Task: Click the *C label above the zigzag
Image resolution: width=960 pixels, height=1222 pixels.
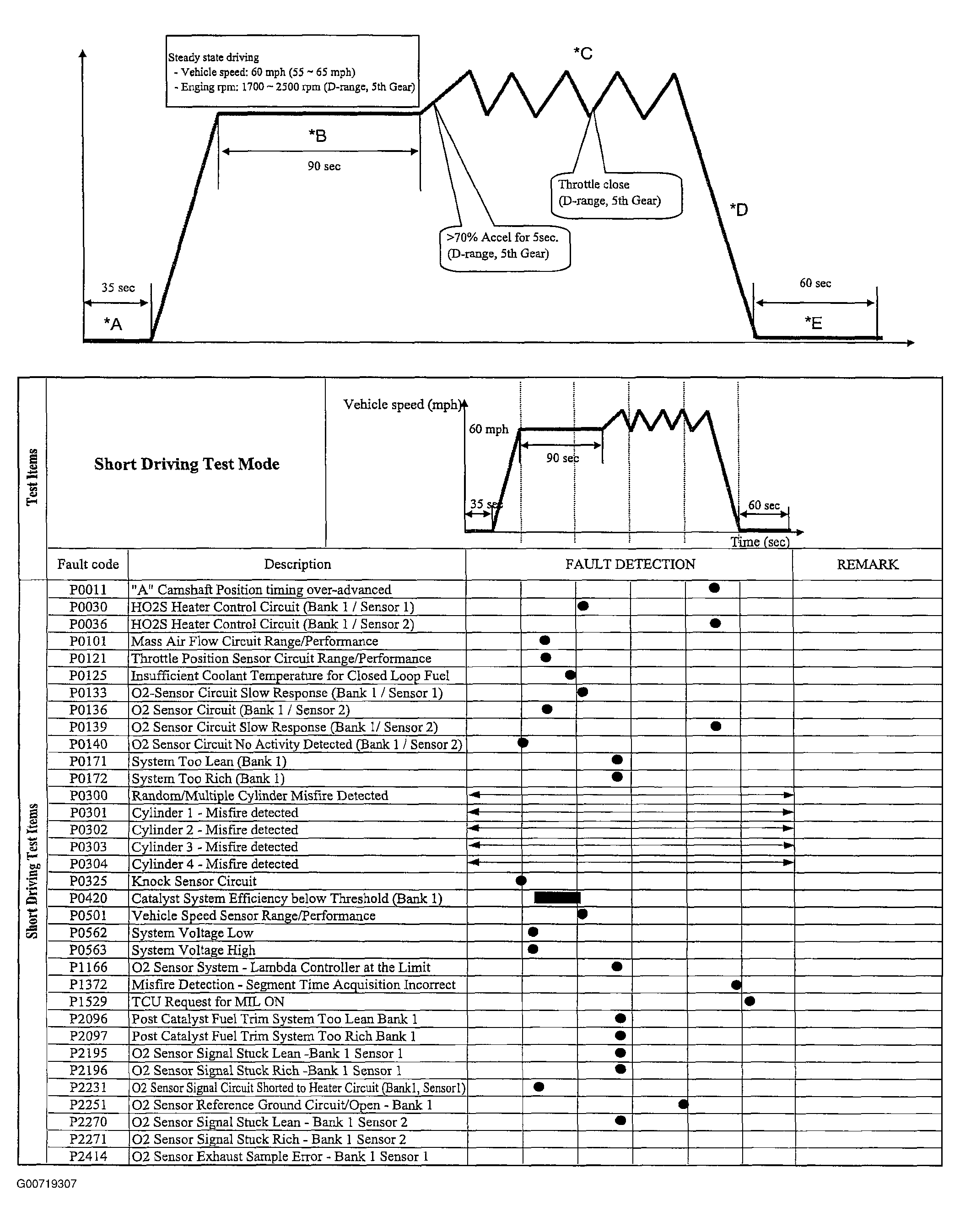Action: click(583, 54)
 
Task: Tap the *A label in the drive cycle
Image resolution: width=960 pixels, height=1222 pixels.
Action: click(113, 324)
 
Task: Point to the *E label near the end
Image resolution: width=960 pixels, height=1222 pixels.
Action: click(813, 323)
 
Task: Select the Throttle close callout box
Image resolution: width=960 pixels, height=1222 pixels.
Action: click(616, 195)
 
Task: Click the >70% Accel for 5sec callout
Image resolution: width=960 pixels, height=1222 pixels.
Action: click(504, 247)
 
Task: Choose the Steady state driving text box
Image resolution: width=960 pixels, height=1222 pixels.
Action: click(292, 71)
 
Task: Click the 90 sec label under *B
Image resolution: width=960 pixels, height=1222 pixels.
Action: click(324, 167)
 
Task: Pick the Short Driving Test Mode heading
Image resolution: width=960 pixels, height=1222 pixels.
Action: click(187, 464)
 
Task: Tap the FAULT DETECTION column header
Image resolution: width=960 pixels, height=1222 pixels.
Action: click(630, 564)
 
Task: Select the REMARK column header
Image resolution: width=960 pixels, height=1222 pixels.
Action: click(867, 564)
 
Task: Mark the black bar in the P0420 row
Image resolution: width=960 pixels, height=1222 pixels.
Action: click(557, 898)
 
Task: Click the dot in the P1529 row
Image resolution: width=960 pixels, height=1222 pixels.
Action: click(749, 1001)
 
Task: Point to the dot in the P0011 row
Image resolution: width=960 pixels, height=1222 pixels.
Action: click(714, 588)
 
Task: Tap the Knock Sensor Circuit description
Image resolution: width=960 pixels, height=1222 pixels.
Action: click(194, 881)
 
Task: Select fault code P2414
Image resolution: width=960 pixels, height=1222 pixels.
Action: click(88, 1156)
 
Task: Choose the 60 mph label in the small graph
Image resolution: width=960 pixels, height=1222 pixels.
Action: click(488, 429)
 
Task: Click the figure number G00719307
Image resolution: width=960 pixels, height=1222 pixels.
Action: click(47, 1184)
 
